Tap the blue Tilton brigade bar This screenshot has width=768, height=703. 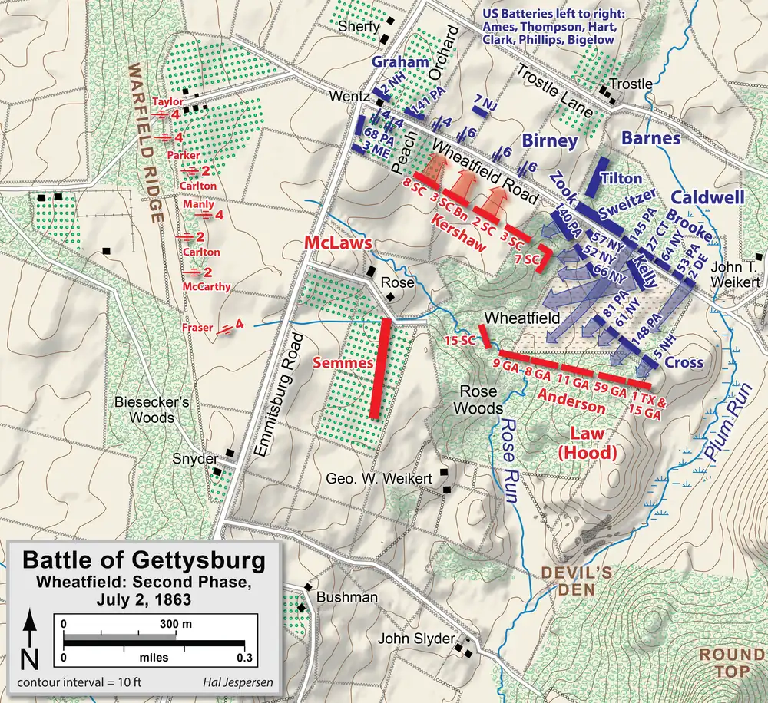(597, 178)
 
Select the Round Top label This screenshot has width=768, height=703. (730, 664)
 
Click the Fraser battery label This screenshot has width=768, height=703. (198, 328)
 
